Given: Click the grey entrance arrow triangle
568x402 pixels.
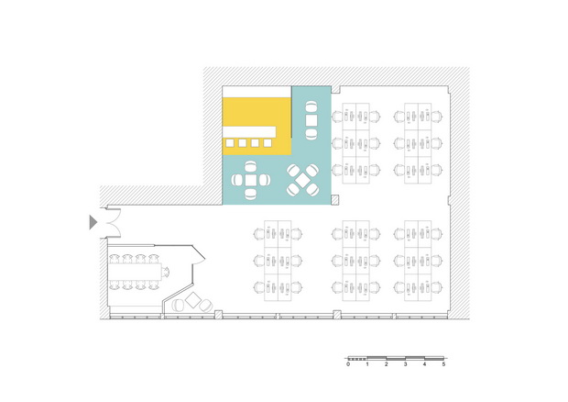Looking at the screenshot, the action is [x=93, y=222].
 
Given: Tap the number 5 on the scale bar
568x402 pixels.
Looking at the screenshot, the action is [x=443, y=364].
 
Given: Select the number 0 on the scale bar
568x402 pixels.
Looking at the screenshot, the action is [x=348, y=364].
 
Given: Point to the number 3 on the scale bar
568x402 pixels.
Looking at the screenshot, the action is [x=405, y=364].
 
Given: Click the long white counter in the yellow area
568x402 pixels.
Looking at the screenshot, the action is [x=249, y=132].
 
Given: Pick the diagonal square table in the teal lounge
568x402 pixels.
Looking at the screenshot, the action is [x=303, y=179].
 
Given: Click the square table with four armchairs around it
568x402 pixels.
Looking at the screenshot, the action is [x=251, y=180].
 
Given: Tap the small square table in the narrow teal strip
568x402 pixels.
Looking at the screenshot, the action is [x=311, y=120].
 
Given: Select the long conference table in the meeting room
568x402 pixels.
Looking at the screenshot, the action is [x=136, y=272].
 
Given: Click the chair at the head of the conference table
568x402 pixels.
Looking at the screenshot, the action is [x=166, y=272].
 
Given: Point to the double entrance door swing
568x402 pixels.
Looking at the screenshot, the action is [x=113, y=222].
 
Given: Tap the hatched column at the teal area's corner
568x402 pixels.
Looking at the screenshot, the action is [x=334, y=199].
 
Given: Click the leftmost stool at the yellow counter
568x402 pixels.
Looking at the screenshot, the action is [x=230, y=143].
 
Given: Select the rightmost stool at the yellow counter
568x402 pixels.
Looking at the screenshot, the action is [x=268, y=143].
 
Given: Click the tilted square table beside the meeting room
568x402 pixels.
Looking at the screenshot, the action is [x=192, y=300].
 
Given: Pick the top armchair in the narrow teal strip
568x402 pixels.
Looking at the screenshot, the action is [x=311, y=107].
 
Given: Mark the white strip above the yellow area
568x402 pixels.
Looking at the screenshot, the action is [x=257, y=92].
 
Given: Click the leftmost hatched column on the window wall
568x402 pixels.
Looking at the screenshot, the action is [x=218, y=315].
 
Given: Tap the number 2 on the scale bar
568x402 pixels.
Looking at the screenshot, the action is [x=387, y=364].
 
